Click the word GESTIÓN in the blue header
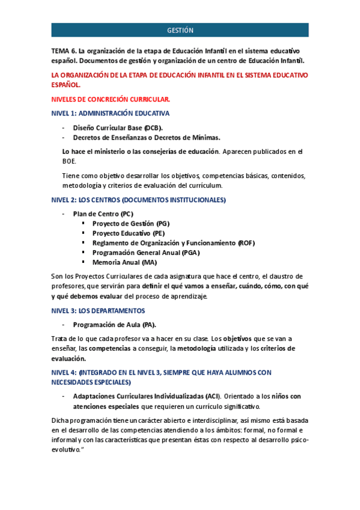(180, 31)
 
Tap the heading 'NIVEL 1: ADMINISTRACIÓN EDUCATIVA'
(111, 113)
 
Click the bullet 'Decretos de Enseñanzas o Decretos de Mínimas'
(146, 137)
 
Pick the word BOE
(69, 161)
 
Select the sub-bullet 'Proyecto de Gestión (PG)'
(130, 224)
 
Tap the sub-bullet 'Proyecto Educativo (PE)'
(128, 233)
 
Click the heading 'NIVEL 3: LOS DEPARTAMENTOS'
(98, 311)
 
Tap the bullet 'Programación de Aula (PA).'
(118, 325)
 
